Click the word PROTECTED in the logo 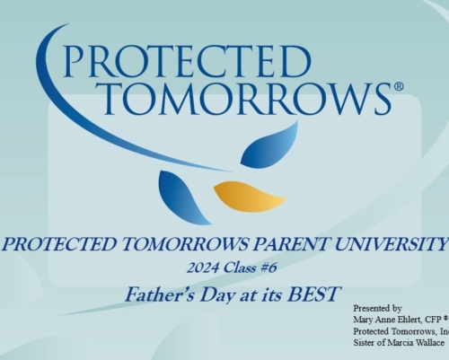188,61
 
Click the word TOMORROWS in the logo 248,98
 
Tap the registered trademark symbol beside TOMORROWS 399,87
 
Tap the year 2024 203,268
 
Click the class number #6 268,268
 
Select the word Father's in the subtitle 160,294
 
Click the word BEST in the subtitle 313,294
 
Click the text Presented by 377,308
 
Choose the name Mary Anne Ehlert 388,320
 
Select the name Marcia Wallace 416,343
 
